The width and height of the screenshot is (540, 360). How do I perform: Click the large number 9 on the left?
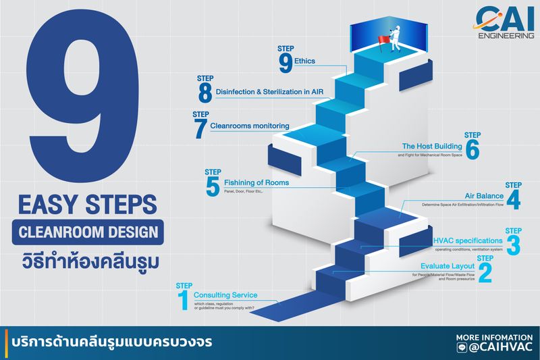coord(80,101)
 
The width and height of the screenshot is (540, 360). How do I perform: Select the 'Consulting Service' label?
coord(225,295)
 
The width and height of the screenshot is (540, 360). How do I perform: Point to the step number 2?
coord(484,272)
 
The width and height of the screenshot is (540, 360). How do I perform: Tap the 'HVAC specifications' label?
coord(467,240)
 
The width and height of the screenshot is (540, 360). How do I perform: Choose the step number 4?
coord(514,200)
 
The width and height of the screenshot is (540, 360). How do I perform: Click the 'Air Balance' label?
coord(484,196)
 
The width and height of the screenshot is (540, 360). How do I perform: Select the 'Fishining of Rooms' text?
coord(257,183)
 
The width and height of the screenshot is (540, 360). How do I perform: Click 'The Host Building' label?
coord(432,146)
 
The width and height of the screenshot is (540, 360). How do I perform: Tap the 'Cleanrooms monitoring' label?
coord(250,126)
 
